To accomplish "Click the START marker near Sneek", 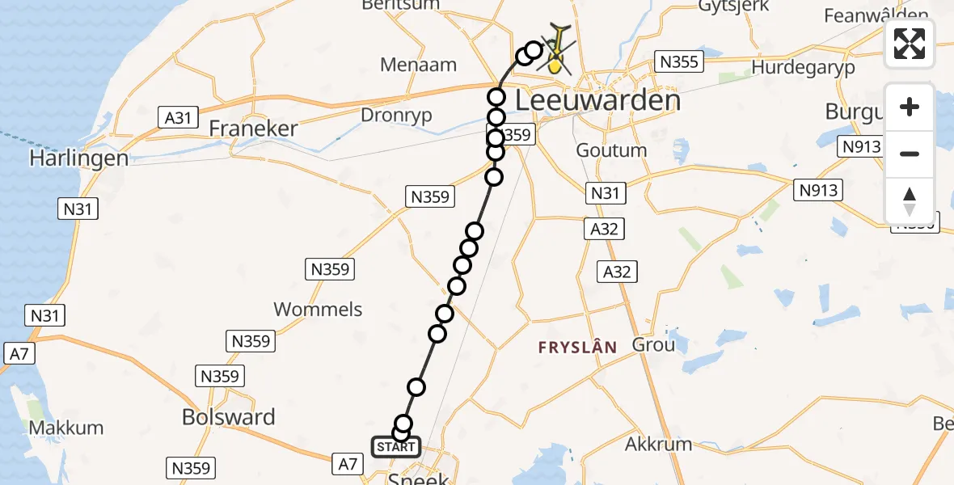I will [x=395, y=447].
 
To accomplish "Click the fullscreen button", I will [x=910, y=44].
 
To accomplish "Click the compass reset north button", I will [x=910, y=201].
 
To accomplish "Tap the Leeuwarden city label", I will [x=597, y=100].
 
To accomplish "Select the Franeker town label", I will [x=253, y=129].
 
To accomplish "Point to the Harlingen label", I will [x=79, y=158].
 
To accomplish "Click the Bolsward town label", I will [x=229, y=417].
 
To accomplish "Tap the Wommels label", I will [x=318, y=310].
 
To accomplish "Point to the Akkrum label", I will [x=658, y=444].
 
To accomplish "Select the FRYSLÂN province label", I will [x=578, y=348].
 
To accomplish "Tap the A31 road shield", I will [x=178, y=118].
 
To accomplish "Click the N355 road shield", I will [x=680, y=61].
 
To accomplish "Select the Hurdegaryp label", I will [x=803, y=67].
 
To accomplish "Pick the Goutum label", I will [x=611, y=150].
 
